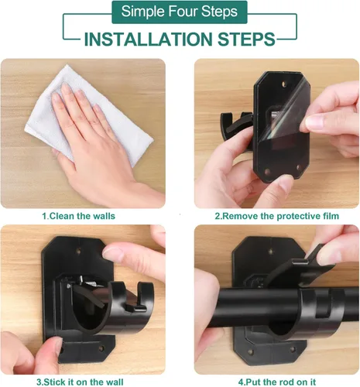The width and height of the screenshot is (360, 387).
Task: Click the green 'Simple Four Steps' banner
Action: [180, 12]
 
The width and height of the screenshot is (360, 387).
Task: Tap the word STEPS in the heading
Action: [246, 39]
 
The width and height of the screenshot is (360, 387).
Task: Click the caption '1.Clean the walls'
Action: [79, 216]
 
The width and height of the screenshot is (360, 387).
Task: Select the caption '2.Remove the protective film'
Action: [277, 216]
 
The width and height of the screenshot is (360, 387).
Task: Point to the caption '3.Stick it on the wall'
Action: [80, 382]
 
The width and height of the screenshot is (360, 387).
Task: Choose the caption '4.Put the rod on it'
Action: [277, 382]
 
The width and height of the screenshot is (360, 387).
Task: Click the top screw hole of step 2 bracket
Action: [284, 84]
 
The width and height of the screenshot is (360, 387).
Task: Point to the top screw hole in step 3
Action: [79, 250]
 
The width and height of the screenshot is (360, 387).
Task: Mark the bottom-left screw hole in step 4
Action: [250, 351]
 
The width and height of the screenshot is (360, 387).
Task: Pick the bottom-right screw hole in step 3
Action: [101, 348]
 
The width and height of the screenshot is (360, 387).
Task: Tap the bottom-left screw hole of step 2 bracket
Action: [267, 172]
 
